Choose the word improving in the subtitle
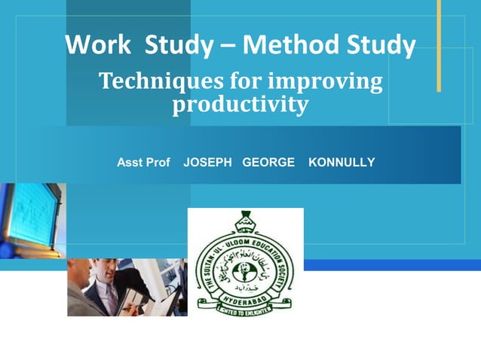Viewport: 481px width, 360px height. tap(326, 82)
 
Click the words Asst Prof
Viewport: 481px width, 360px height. tap(143, 163)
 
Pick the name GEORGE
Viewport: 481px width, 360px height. tap(268, 163)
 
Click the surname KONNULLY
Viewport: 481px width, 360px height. tap(342, 163)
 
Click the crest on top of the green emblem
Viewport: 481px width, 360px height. tap(245, 220)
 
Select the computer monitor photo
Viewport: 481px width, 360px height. tap(30, 215)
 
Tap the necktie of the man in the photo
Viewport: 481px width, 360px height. tap(111, 295)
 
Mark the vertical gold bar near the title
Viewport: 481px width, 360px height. tap(438, 45)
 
